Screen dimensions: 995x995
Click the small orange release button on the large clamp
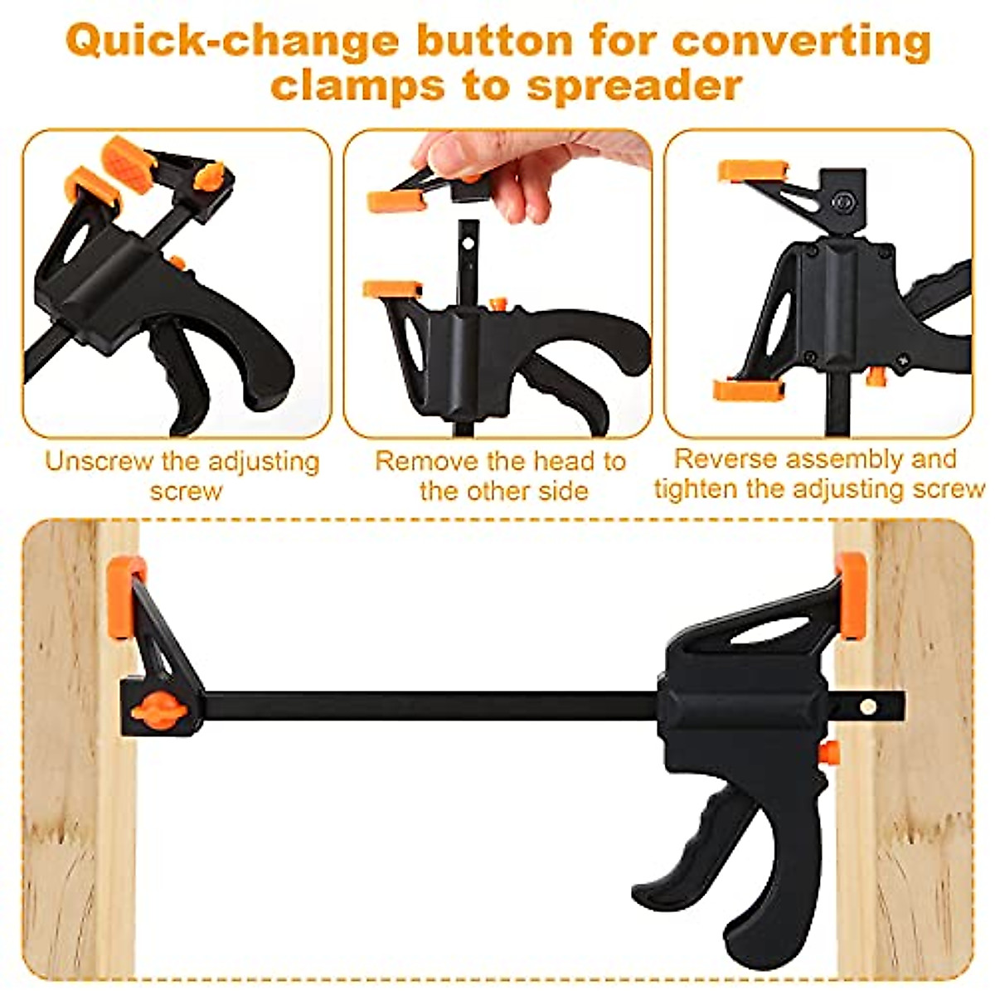(x=828, y=752)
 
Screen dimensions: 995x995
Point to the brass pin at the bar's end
(x=868, y=706)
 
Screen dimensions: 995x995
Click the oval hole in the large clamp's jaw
(x=769, y=629)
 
